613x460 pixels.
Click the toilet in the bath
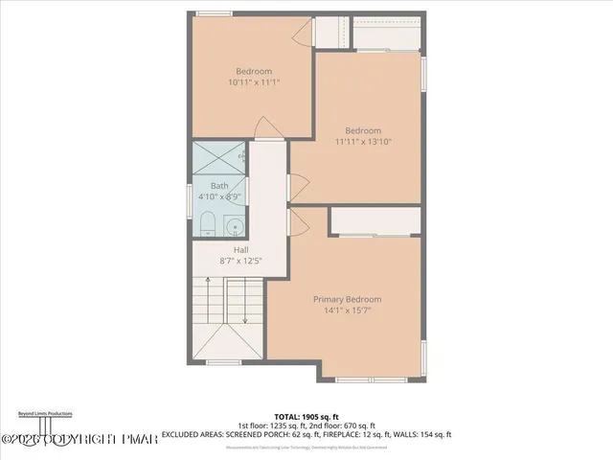pyautogui.click(x=208, y=226)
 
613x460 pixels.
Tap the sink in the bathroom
pyautogui.click(x=233, y=227)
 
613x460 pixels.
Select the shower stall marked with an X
pyautogui.click(x=218, y=157)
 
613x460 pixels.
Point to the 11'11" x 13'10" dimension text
pyautogui.click(x=363, y=142)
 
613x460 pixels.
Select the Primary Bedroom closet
pyautogui.click(x=375, y=221)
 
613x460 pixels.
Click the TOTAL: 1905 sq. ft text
pyautogui.click(x=306, y=416)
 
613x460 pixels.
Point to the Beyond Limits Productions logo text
pyautogui.click(x=44, y=413)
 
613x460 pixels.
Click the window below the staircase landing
pyautogui.click(x=224, y=362)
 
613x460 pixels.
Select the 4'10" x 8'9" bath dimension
pyautogui.click(x=219, y=196)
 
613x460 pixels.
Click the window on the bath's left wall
pyautogui.click(x=191, y=196)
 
